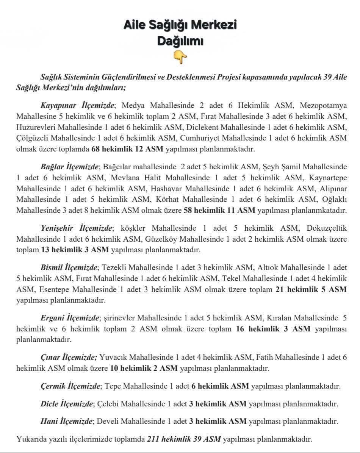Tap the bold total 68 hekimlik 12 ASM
pos(127,149)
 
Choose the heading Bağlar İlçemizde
pos(70,166)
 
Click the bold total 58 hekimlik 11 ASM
pos(219,210)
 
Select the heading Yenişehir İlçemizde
pos(77,228)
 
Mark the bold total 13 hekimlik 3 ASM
pos(75,250)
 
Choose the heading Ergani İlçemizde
pos(70,318)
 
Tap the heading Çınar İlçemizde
pos(69,357)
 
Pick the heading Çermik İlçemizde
pos(70,386)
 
